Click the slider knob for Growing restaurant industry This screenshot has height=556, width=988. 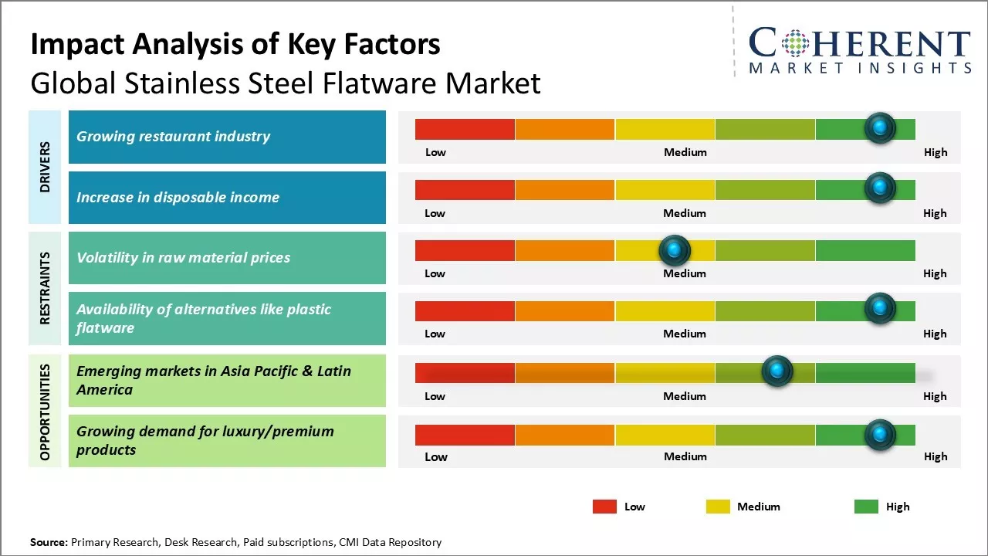pos(879,127)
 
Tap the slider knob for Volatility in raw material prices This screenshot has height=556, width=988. pos(675,249)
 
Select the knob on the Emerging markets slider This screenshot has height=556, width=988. pos(777,371)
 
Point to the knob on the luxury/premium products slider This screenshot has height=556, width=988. pos(879,435)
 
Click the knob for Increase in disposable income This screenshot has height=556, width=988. pos(879,188)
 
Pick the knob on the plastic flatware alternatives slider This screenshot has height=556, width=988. pos(879,308)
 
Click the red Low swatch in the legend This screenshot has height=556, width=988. pos(604,507)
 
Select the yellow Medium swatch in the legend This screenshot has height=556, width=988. pos(718,507)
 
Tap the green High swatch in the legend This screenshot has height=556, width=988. pos(866,507)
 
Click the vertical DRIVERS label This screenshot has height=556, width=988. pos(45,167)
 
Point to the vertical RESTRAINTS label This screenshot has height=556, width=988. pos(45,288)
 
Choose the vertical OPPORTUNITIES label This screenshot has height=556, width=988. pos(45,412)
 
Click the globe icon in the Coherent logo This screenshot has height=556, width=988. pos(795,42)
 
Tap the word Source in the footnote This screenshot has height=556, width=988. pos(49,542)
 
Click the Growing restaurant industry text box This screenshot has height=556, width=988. pos(227,137)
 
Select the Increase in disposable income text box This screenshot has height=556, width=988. pos(227,198)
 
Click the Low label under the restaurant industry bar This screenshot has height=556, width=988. pos(435,152)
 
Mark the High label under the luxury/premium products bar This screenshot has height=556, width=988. pos(936,456)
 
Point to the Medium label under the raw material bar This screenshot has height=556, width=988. pos(685,273)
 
